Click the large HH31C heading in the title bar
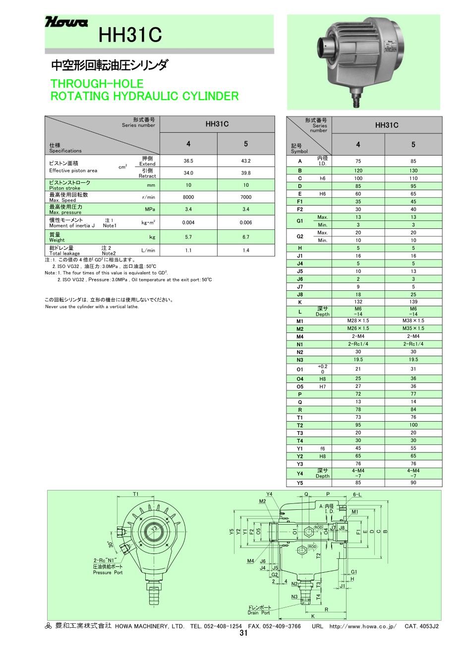tap(130, 35)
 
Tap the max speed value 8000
tap(188, 197)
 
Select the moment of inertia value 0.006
tap(246, 222)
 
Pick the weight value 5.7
tap(188, 237)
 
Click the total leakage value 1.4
tap(246, 251)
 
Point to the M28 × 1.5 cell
tap(358, 321)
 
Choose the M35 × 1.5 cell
tap(413, 328)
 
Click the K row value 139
tap(413, 302)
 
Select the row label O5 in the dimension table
tap(300, 386)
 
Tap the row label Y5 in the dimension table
tap(300, 483)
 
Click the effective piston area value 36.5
tap(188, 161)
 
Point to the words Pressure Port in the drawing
tap(108, 573)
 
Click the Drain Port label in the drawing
tap(259, 613)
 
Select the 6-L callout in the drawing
tap(357, 494)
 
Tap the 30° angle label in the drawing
tap(112, 544)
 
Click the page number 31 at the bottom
tap(243, 633)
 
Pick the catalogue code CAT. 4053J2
tap(421, 626)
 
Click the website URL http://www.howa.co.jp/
tap(363, 626)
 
